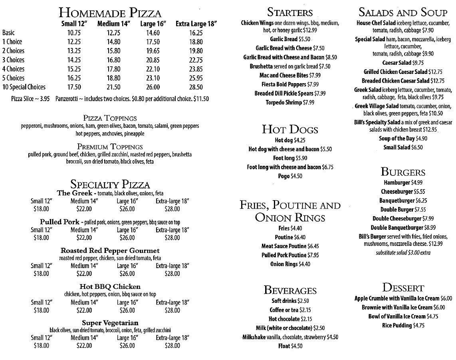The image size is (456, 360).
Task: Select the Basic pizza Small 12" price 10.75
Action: click(x=74, y=33)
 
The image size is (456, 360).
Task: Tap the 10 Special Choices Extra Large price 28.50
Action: click(x=196, y=87)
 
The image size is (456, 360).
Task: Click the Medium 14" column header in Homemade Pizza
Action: click(x=114, y=24)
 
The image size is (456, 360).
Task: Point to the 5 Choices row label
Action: click(x=13, y=78)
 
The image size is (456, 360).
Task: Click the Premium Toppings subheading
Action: click(x=110, y=147)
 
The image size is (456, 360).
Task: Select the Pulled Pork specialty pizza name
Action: click(x=60, y=222)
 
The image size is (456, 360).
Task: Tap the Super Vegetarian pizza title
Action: click(x=110, y=322)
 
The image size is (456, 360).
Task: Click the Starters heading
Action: click(x=290, y=12)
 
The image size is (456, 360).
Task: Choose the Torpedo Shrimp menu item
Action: click(x=290, y=102)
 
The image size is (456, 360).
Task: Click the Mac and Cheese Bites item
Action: click(x=290, y=75)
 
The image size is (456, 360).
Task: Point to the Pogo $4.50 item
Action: click(x=290, y=176)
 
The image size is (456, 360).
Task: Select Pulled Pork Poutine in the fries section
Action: click(x=290, y=255)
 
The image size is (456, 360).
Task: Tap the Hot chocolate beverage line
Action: click(x=290, y=319)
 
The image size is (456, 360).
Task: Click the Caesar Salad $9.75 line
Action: click(x=403, y=63)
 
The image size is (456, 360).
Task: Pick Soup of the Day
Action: click(x=403, y=138)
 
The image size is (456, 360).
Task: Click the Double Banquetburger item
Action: click(x=403, y=227)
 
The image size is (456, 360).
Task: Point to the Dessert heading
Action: click(x=403, y=287)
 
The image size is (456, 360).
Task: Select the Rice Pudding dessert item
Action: click(x=403, y=325)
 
